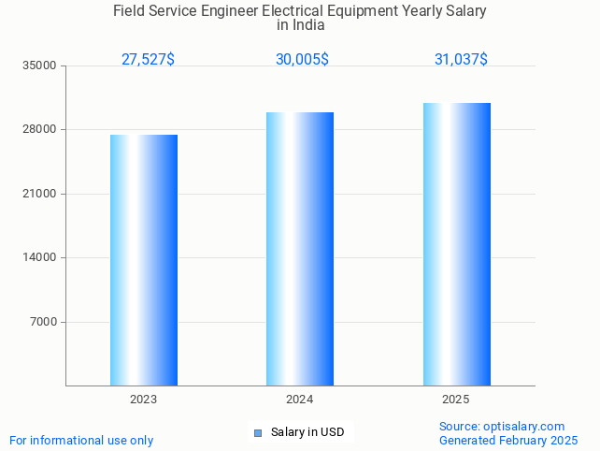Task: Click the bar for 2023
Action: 144,260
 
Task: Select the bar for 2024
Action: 300,249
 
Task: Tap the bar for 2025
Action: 456,244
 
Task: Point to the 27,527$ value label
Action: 148,60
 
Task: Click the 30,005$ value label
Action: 302,60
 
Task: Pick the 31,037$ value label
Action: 461,60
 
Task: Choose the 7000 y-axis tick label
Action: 45,322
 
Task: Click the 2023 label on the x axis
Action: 144,400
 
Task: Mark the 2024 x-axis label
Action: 300,400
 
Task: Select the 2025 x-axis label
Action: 456,400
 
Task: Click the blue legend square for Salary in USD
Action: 258,432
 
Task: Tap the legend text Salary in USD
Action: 307,432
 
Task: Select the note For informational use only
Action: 81,441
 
